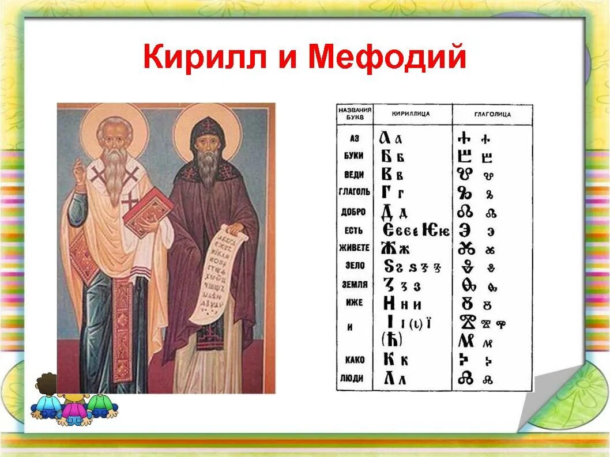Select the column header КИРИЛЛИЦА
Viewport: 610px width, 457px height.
click(411, 114)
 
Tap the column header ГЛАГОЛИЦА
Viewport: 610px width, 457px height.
click(492, 114)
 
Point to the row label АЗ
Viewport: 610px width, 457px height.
click(355, 138)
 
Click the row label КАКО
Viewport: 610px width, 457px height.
click(355, 360)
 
